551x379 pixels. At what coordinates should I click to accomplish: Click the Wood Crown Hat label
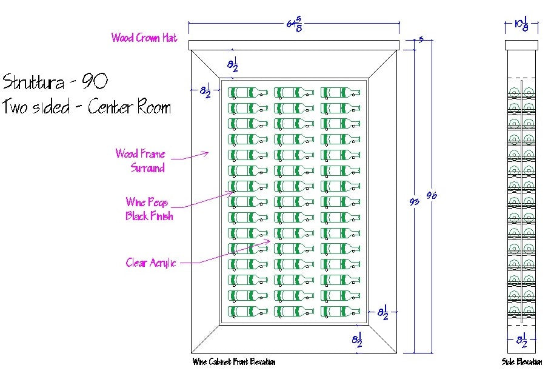click(144, 38)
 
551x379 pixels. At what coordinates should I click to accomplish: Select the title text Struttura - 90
click(56, 81)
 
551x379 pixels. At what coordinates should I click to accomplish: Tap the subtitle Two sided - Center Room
click(87, 107)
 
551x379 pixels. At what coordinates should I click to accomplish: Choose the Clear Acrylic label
click(151, 263)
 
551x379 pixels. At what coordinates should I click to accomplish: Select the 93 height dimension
click(415, 201)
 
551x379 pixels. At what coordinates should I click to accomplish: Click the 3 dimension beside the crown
click(421, 40)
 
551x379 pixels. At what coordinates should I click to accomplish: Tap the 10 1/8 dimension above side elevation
click(521, 25)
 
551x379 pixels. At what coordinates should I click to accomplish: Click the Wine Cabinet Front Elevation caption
click(234, 362)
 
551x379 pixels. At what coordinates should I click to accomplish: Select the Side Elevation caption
click(521, 362)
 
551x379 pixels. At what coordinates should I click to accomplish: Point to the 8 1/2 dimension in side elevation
click(521, 341)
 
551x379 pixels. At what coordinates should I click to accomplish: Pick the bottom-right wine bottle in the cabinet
click(342, 311)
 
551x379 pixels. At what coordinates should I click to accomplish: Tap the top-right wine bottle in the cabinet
click(342, 93)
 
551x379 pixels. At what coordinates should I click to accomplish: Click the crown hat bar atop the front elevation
click(294, 45)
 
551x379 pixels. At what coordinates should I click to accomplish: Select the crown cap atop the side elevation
click(521, 45)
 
